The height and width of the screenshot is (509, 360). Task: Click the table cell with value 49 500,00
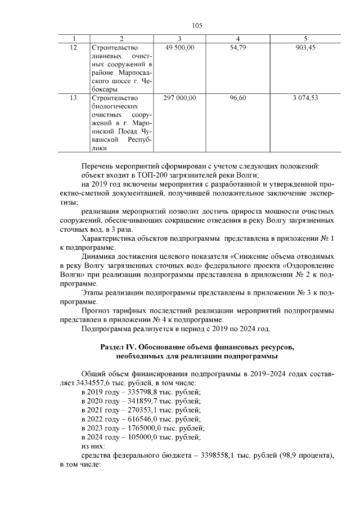tap(179, 48)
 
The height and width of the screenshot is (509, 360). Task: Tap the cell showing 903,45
tap(305, 48)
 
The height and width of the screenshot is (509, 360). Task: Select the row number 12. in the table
tap(74, 48)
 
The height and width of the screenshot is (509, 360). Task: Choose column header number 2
tap(121, 38)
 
